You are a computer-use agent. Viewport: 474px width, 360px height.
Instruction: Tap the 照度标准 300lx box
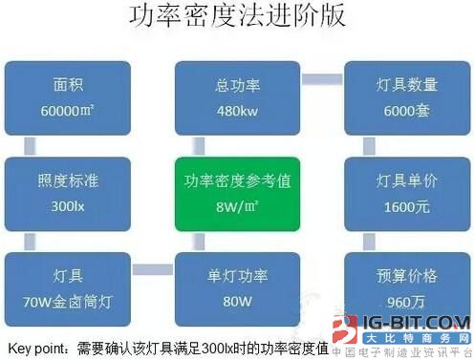click(62, 190)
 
